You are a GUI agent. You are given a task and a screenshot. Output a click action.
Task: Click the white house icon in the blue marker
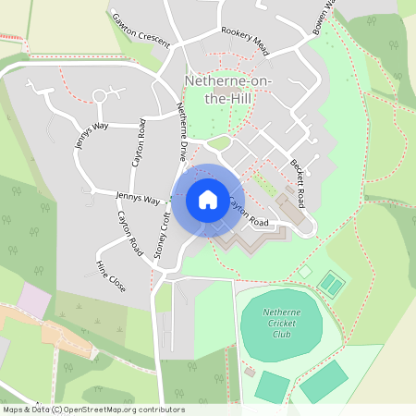pyautogui.click(x=208, y=200)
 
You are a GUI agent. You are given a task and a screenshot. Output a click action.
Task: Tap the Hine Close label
pyautogui.click(x=110, y=275)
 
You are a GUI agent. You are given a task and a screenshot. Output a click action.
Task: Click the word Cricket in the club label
pyautogui.click(x=281, y=324)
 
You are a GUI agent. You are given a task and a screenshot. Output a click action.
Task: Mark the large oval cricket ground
pyautogui.click(x=281, y=325)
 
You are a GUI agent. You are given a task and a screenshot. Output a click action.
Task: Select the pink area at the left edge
pyautogui.click(x=34, y=299)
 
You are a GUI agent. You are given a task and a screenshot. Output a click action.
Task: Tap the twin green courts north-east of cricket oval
pyautogui.click(x=330, y=281)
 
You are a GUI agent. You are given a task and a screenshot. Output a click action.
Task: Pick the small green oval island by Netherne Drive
pyautogui.click(x=218, y=142)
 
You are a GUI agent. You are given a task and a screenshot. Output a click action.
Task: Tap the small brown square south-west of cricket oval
pyautogui.click(x=251, y=372)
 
